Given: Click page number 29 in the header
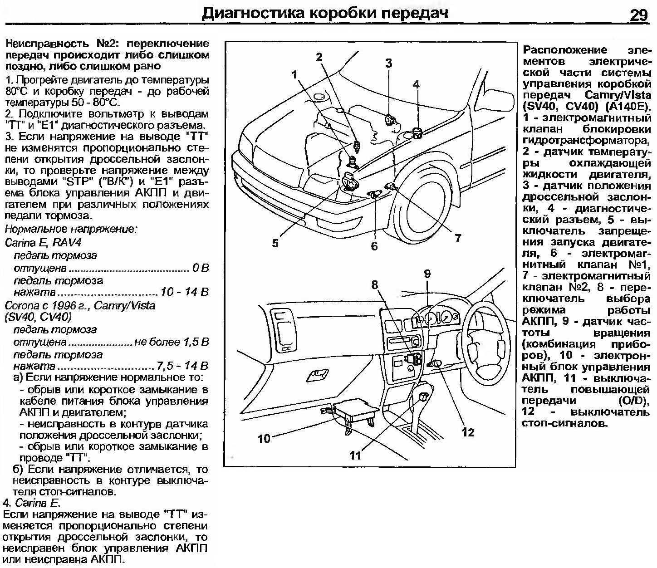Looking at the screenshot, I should point(639,15).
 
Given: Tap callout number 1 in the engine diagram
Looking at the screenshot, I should point(295,74).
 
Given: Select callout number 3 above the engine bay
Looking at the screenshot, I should point(388,64).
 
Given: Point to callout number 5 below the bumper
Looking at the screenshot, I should point(275,243).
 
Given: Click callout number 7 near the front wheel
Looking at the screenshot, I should point(458,237).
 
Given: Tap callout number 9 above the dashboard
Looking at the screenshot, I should point(427,274).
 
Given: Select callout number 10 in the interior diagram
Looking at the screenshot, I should point(264,438).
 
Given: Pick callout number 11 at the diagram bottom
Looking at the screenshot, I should point(355,455).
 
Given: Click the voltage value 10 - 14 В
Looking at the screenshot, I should point(185,292).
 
